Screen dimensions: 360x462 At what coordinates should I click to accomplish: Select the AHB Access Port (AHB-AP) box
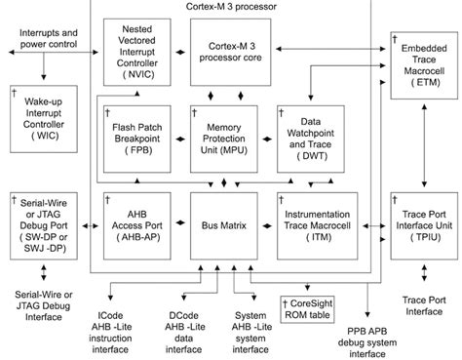137,224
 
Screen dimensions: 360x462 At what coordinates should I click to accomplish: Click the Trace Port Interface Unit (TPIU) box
424,225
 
